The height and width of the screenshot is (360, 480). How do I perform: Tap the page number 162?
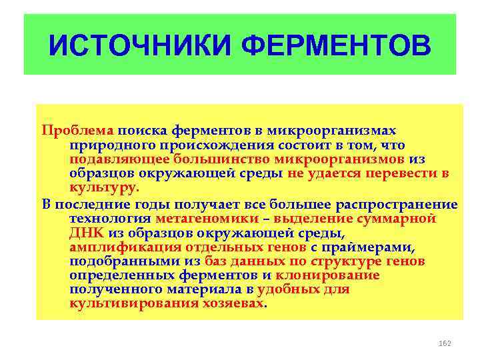pyautogui.click(x=445, y=343)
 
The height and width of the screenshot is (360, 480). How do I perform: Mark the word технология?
pyautogui.click(x=109, y=218)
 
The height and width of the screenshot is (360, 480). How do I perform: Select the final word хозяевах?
pyautogui.click(x=229, y=304)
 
